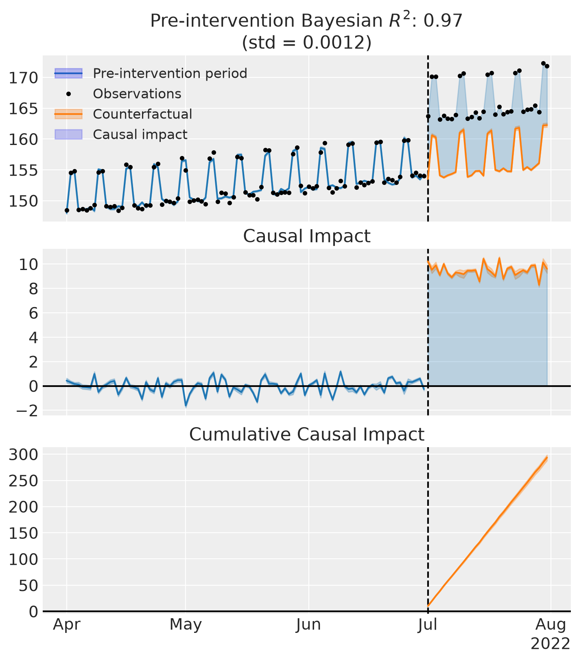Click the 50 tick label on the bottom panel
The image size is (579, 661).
30,585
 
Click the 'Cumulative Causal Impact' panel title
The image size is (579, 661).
307,435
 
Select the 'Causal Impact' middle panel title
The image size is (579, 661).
307,236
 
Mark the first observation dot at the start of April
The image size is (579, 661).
67,211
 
